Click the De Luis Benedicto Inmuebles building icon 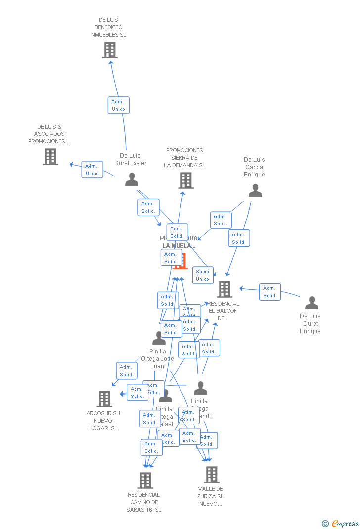[109, 50]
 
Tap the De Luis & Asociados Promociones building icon [50, 157]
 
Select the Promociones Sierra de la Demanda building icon [185, 180]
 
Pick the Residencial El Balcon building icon [225, 289]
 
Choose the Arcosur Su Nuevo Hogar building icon [104, 398]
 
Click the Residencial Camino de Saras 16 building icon [145, 480]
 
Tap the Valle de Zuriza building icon [212, 475]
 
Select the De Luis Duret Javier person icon [132, 179]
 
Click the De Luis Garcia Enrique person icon [255, 191]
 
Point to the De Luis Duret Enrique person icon [312, 303]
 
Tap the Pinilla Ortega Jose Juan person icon [159, 339]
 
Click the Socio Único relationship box [203, 275]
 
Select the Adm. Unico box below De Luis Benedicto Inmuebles [118, 105]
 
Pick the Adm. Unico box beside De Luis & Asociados [92, 170]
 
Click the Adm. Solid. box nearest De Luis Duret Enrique [270, 292]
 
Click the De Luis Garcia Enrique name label [254, 167]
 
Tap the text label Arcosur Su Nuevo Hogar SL [103, 421]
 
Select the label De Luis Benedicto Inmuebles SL [108, 27]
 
